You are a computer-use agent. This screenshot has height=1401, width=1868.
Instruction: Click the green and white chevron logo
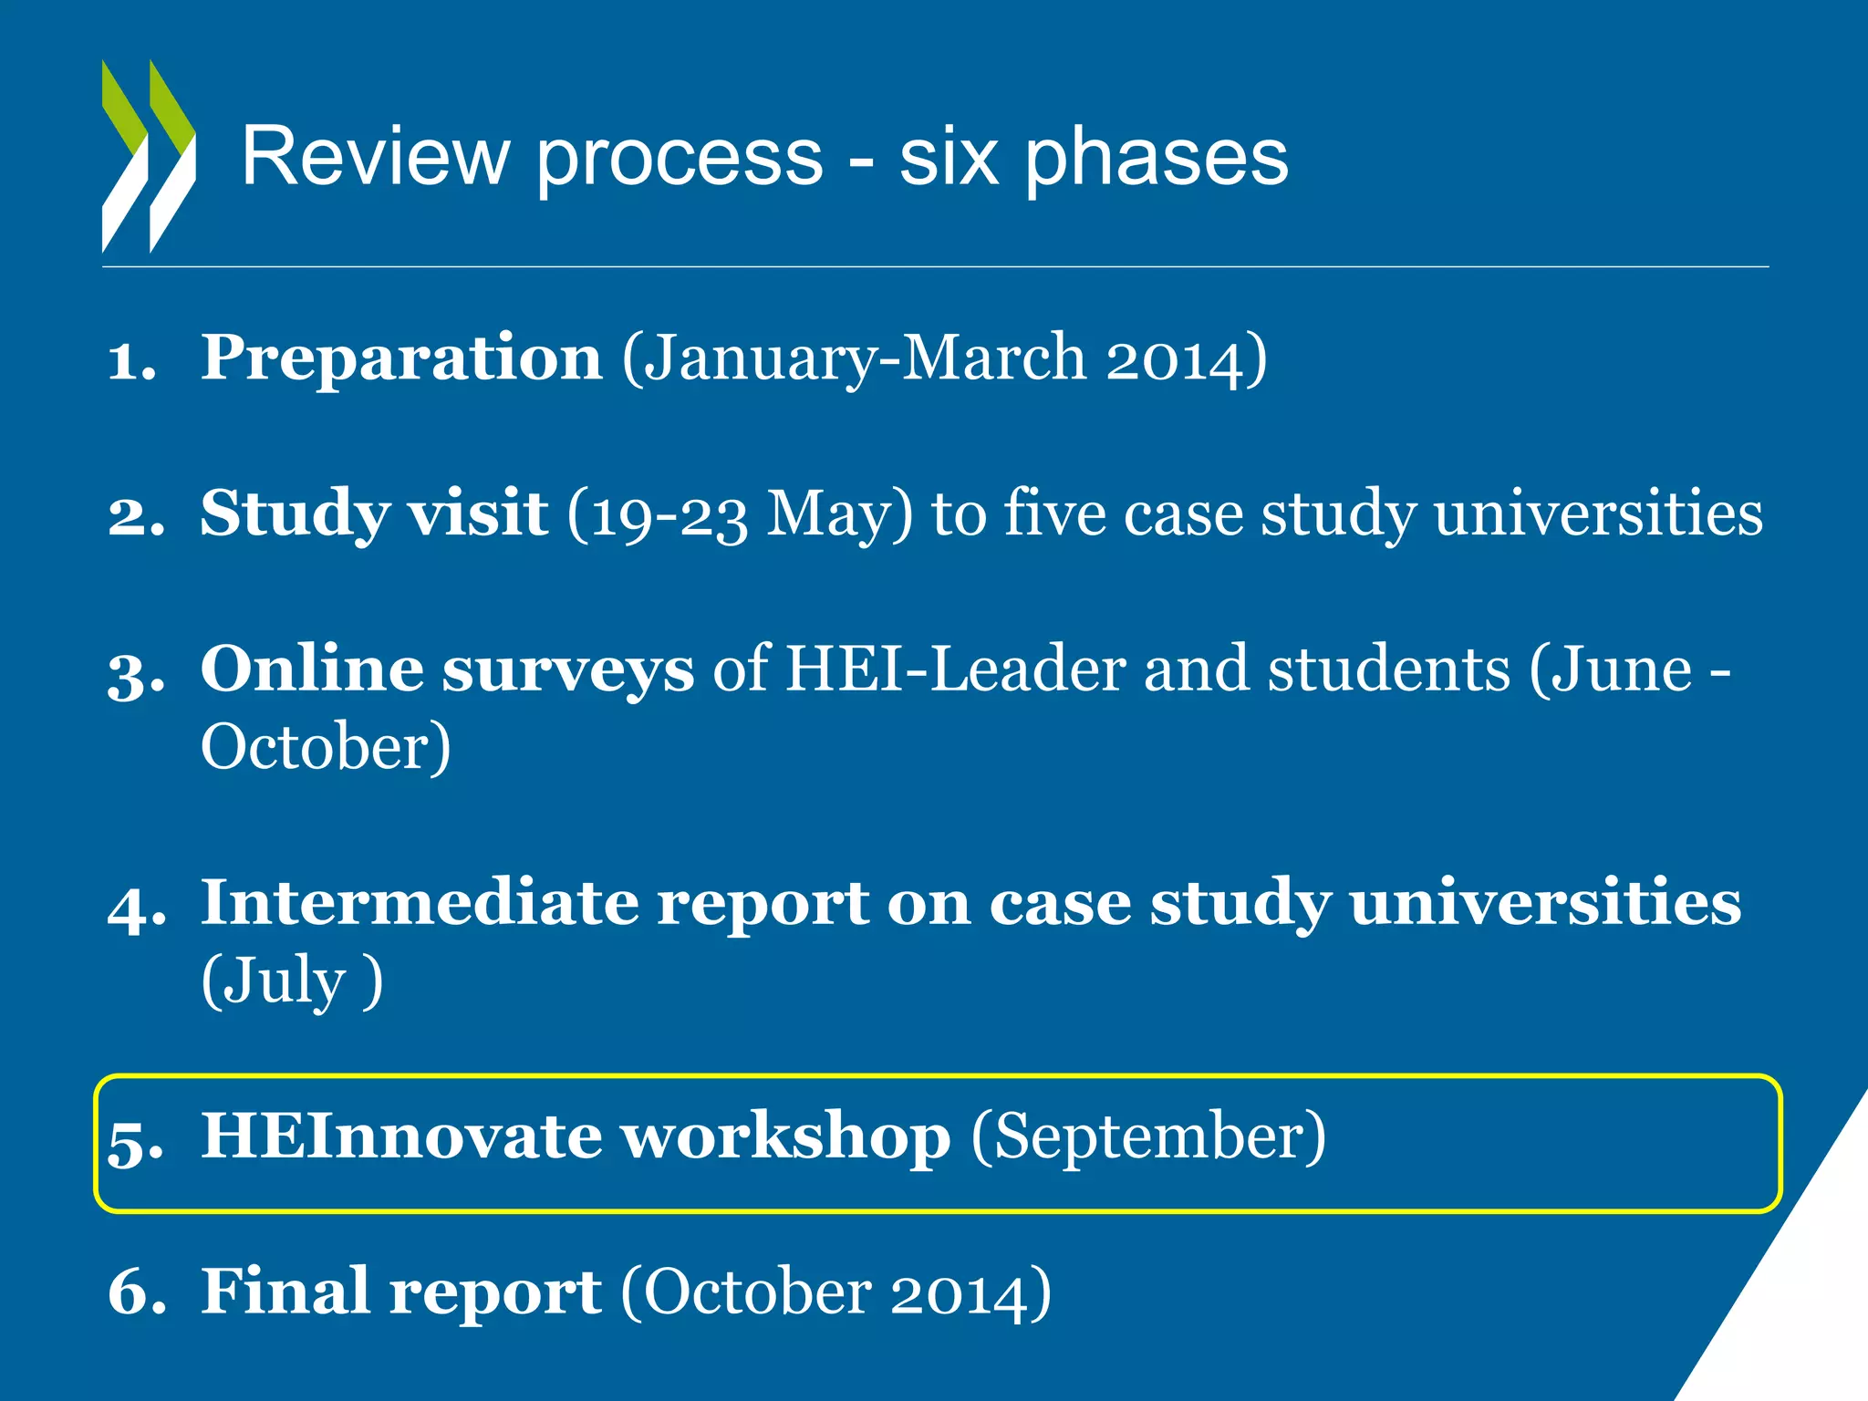click(x=149, y=157)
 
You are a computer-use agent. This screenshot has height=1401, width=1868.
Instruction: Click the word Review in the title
click(x=375, y=158)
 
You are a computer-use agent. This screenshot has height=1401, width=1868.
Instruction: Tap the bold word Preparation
click(x=401, y=357)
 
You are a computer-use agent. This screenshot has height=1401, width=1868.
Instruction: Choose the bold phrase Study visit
click(x=374, y=514)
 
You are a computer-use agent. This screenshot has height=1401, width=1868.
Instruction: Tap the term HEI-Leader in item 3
click(x=955, y=669)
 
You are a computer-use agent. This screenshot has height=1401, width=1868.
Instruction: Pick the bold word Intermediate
click(x=420, y=903)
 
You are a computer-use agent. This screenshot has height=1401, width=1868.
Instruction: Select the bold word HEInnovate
click(x=400, y=1136)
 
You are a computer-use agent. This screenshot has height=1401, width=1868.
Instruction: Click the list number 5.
click(x=135, y=1140)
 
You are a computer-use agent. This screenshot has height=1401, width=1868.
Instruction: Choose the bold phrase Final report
click(x=401, y=1292)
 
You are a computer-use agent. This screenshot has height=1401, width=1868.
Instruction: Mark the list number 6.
click(x=135, y=1293)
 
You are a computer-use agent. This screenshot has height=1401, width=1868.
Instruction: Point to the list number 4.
click(x=135, y=907)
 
